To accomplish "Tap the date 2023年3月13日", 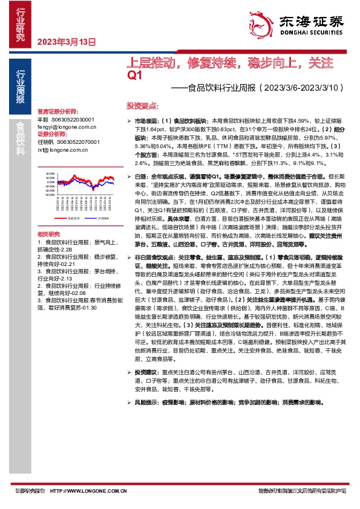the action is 67,42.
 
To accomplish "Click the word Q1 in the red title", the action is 134,75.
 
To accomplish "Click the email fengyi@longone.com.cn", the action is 66,128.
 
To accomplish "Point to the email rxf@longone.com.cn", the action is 63,149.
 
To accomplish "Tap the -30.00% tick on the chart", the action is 50,195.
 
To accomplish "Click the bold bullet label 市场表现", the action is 145,121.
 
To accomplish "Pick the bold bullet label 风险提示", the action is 145,401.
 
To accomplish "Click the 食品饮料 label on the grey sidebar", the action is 21,140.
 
